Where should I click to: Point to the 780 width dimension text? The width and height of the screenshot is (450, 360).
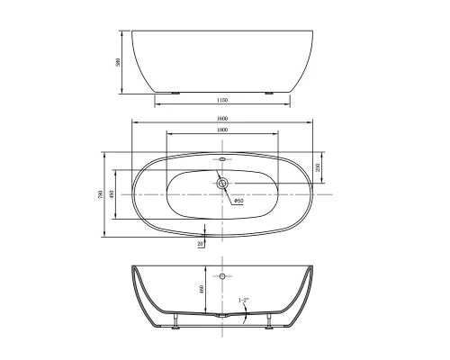(x=99, y=193)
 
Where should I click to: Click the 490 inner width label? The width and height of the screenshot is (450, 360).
(x=112, y=193)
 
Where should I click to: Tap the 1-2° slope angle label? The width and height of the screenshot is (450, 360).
(x=243, y=299)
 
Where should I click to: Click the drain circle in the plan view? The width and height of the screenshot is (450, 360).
(x=222, y=183)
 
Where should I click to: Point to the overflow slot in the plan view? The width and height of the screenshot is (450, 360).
(x=222, y=159)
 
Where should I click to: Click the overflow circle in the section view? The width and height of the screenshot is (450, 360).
(x=222, y=274)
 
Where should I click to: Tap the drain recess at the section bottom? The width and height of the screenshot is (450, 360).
(x=222, y=316)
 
